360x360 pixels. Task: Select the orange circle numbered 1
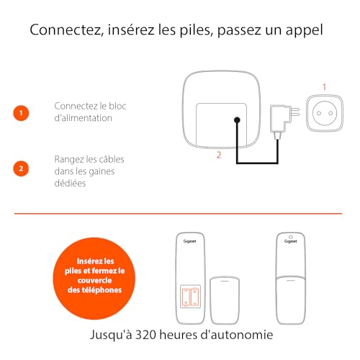(x=21, y=113)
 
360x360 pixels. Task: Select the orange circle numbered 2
(x=21, y=168)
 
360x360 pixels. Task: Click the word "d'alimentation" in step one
(x=84, y=118)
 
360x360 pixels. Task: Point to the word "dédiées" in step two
(x=70, y=183)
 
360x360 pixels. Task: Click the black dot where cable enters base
(x=237, y=120)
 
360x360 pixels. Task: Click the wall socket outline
(x=325, y=113)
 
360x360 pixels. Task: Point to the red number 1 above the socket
(x=324, y=87)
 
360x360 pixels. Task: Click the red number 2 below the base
(x=219, y=155)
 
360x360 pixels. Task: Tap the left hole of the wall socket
(x=319, y=113)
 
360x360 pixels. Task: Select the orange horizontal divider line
(x=178, y=213)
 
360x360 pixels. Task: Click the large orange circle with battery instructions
(x=94, y=279)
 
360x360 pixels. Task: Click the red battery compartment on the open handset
(x=190, y=297)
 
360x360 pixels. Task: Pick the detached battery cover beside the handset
(x=225, y=300)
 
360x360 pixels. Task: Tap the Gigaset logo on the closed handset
(x=291, y=241)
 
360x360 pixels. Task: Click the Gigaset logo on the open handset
(x=189, y=241)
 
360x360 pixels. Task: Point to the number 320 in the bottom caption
(x=145, y=335)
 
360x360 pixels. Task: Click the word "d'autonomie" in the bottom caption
(x=237, y=335)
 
